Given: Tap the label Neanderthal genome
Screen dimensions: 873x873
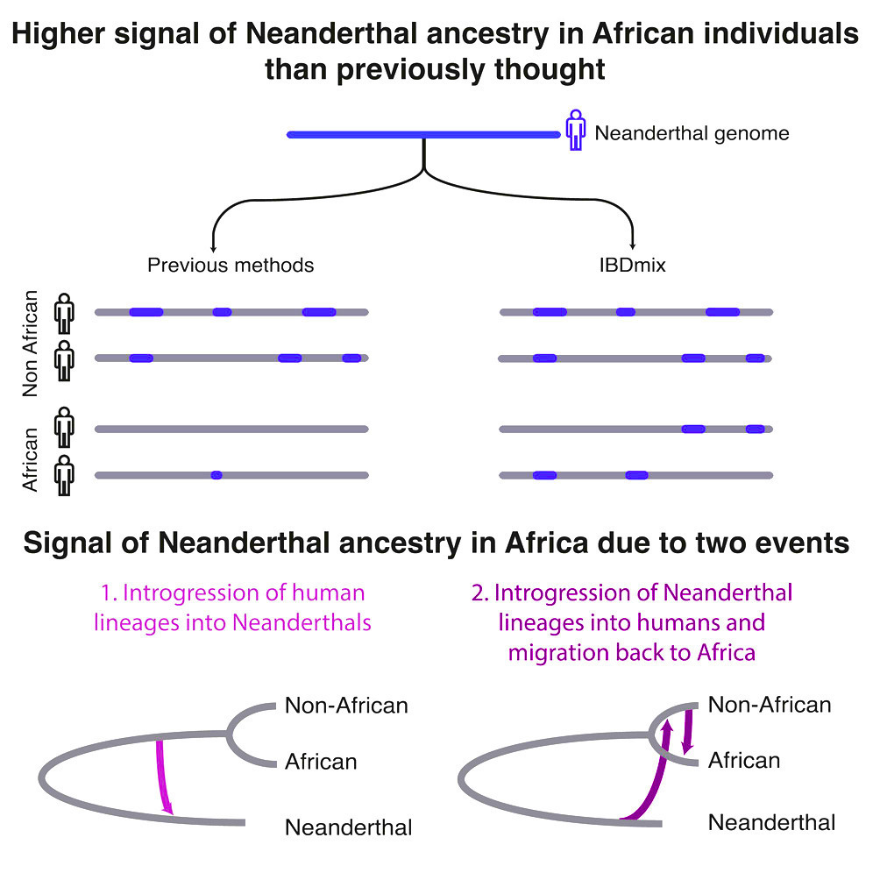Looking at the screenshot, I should point(692,134).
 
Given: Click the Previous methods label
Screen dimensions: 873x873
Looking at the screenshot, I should point(231,265).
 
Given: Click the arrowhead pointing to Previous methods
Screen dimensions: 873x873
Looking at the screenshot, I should point(213,249).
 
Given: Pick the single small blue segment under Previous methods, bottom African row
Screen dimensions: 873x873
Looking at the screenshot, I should point(216,475).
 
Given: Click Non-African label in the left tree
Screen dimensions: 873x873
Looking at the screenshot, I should point(346,705).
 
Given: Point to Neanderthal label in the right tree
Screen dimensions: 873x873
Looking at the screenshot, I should point(771,822).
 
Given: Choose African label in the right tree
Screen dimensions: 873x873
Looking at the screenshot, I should point(744,760).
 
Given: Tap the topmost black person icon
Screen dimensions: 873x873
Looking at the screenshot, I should point(65,311).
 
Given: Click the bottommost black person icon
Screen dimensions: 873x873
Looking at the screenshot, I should point(65,475).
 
